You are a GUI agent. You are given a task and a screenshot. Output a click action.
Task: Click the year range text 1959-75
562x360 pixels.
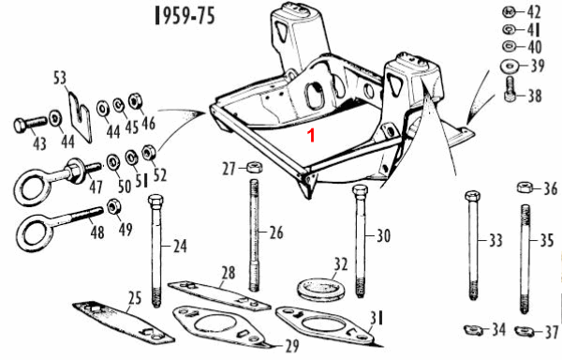coord(185,16)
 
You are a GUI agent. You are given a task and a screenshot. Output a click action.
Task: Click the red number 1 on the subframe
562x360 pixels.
coord(312,136)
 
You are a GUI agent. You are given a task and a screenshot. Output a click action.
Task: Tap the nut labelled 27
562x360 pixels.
coord(255,167)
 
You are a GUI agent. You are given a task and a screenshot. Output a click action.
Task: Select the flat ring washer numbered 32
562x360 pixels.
coord(321,289)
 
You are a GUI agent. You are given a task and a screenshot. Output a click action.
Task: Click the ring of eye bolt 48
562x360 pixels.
coord(34,233)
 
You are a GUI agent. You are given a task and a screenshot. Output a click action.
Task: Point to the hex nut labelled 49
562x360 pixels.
coord(113,206)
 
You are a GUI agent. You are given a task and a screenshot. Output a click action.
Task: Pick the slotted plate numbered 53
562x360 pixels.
coord(81,117)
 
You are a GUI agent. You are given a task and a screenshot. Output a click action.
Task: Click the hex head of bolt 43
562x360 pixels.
coord(20,126)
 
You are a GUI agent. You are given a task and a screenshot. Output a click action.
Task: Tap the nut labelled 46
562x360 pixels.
coord(135,100)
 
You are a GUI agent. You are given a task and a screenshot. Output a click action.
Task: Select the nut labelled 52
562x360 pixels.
coord(148,153)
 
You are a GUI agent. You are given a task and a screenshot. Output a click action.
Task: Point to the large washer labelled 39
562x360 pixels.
coord(510,66)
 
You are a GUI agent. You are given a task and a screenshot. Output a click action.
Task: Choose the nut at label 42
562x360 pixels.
coord(509,12)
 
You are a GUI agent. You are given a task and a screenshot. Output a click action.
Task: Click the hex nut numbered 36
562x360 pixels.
coord(525,187)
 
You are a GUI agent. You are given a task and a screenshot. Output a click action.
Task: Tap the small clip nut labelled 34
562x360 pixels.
coord(472,329)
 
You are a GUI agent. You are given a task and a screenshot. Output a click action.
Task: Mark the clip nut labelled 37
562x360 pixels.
coord(524,330)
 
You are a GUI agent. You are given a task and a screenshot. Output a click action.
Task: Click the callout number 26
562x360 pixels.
coord(276,232)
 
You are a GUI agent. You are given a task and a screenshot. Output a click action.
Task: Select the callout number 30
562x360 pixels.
coord(383,235)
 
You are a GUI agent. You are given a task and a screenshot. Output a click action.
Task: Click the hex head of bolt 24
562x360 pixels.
coord(155,202)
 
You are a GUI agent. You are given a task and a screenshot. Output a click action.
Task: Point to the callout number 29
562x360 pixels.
coord(292,346)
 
